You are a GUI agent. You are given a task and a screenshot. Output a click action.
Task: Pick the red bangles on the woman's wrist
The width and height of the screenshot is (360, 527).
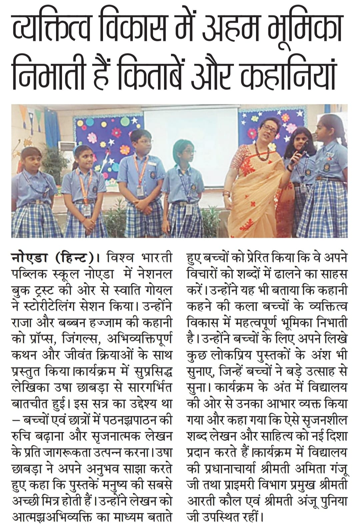pyautogui.click(x=228, y=194)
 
